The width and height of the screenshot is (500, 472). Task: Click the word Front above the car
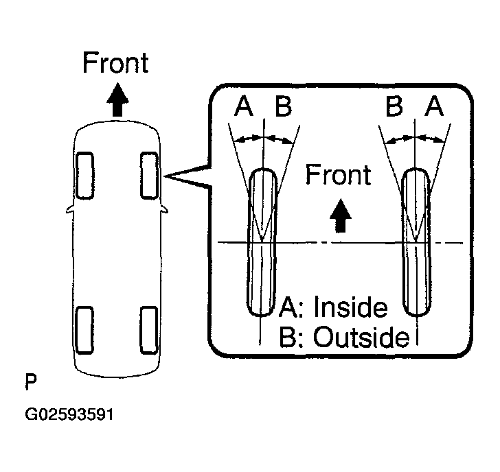tap(115, 62)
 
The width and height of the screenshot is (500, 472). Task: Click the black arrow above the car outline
tap(117, 99)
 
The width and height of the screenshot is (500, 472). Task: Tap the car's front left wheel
tap(85, 176)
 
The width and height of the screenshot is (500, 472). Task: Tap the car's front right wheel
tap(150, 176)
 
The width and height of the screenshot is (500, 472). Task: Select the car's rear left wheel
tap(85, 330)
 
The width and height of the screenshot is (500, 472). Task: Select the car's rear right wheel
tap(149, 330)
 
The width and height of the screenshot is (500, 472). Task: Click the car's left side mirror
tap(69, 209)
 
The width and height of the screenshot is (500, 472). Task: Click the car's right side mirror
tap(164, 209)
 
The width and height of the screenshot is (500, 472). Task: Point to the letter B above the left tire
tap(284, 106)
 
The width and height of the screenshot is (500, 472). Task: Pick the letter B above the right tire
tap(394, 106)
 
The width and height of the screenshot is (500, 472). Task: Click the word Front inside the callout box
tap(339, 174)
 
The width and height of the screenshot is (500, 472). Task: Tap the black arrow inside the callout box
tap(340, 215)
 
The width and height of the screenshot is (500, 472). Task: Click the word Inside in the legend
tap(351, 307)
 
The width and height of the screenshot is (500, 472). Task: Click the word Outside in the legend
tap(361, 336)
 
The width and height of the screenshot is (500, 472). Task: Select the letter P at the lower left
tap(31, 382)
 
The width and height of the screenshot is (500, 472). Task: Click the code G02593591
tap(69, 414)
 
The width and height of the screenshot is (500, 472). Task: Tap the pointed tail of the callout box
tap(165, 176)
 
